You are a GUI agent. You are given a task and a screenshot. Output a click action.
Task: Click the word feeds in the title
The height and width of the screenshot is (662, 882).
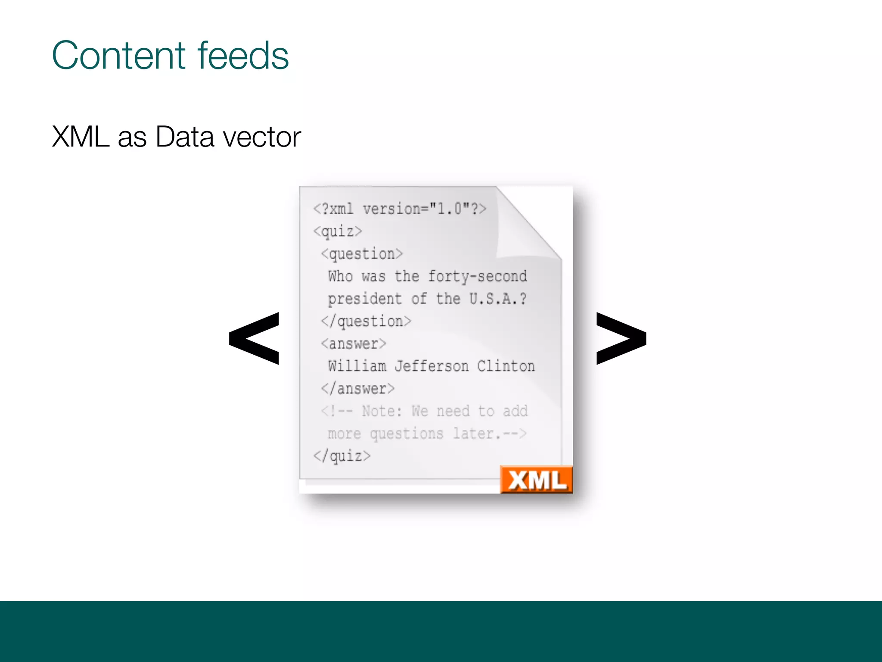point(243,56)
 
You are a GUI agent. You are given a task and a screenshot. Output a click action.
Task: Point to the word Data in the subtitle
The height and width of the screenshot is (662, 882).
point(185,137)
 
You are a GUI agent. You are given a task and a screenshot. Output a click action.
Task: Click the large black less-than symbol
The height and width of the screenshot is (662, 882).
point(255,338)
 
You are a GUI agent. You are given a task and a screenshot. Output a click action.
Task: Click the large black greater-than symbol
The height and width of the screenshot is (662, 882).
point(621,338)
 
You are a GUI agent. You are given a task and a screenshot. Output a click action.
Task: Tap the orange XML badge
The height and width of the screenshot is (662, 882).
point(537,479)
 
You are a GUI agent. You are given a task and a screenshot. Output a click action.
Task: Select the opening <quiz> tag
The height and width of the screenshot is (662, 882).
point(338,231)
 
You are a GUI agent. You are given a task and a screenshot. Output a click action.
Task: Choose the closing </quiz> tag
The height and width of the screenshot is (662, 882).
point(342,456)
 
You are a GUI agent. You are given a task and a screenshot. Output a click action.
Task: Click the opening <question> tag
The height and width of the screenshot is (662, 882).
point(362,254)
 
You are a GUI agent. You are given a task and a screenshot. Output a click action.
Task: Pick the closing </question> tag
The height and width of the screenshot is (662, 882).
point(366,321)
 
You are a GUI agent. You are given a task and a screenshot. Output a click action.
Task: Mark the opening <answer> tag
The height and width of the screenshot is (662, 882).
point(354,343)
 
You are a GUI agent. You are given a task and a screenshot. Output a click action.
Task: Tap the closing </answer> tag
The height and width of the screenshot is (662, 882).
point(358,388)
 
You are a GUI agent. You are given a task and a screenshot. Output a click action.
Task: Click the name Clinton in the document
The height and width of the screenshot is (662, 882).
point(506,366)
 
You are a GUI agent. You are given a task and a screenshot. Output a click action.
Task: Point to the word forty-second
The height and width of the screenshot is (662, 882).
point(477,276)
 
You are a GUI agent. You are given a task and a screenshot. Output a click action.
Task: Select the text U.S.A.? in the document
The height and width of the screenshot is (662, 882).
point(498,299)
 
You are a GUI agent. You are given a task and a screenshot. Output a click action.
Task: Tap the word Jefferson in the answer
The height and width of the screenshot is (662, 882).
point(432,366)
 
